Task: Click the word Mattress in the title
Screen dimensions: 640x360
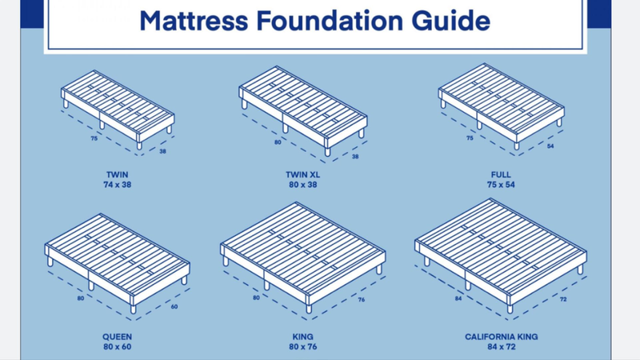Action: (x=194, y=21)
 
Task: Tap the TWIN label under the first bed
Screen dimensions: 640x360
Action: (x=117, y=174)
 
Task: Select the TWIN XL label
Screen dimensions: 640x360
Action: (x=303, y=174)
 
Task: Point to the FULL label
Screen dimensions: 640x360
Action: (x=501, y=174)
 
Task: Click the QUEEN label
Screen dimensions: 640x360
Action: (x=117, y=337)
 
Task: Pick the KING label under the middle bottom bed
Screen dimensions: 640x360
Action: (x=303, y=337)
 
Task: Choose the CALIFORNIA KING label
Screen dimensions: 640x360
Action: (x=502, y=337)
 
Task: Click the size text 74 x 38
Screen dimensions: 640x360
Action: (x=117, y=185)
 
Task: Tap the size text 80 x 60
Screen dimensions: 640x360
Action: (x=117, y=346)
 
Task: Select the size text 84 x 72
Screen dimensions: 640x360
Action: (x=502, y=346)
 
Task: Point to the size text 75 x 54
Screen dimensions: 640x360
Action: (x=501, y=185)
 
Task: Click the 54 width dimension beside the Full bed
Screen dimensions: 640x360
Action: (x=550, y=146)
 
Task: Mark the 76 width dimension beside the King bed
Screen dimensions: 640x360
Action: (x=362, y=299)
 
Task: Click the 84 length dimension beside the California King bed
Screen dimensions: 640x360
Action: (x=458, y=298)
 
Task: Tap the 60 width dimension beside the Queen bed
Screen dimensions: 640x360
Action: (x=174, y=306)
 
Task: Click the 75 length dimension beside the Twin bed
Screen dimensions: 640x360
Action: (x=94, y=138)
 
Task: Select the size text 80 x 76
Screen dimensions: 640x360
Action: (x=303, y=346)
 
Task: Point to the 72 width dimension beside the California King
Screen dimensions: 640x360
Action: (x=563, y=299)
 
